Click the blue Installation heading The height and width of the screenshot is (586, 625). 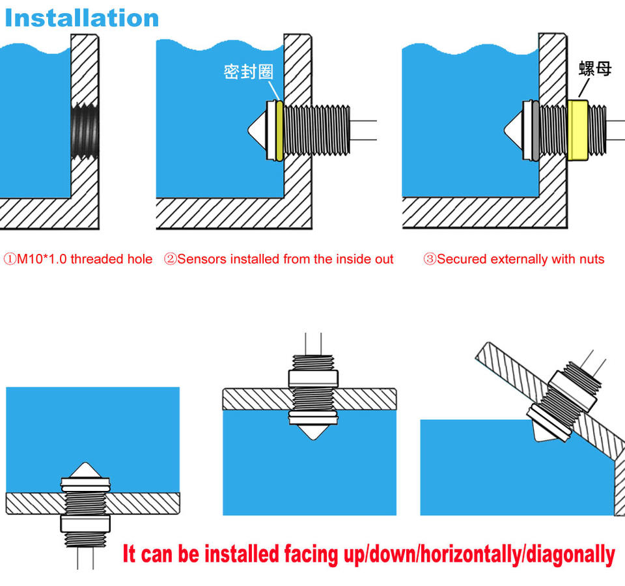(82, 18)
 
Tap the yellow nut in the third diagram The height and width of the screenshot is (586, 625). (577, 130)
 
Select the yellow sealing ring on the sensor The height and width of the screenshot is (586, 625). (279, 131)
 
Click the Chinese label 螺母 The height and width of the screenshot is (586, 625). (595, 68)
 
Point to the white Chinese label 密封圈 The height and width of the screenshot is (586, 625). (248, 72)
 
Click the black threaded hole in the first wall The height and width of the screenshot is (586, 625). (85, 130)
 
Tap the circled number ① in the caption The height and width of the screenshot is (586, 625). (10, 259)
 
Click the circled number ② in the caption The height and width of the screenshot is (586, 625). (170, 259)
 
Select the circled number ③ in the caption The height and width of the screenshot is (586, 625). (430, 259)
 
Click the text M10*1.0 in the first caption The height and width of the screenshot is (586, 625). (42, 259)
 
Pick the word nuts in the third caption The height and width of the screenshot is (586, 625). (592, 260)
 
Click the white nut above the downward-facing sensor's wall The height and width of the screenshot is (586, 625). (313, 378)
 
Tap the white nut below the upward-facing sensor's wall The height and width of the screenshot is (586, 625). (85, 523)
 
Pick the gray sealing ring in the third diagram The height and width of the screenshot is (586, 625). (536, 130)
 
